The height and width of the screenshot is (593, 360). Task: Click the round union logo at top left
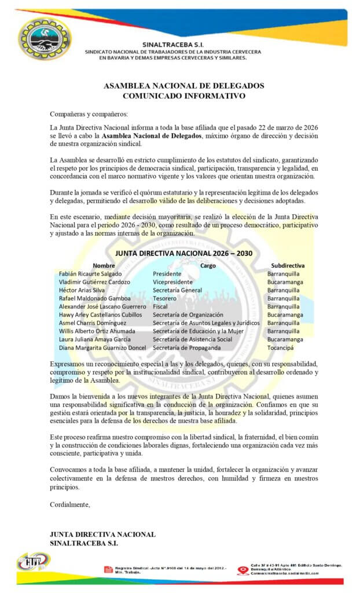[45, 39]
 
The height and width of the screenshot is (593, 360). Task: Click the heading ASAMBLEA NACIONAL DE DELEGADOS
[183, 86]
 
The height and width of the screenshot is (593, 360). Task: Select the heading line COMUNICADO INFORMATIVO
[183, 96]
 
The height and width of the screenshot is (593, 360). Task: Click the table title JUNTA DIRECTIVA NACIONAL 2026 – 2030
[183, 253]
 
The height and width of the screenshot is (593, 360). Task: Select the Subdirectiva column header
[287, 265]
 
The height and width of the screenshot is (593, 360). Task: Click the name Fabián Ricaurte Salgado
[90, 273]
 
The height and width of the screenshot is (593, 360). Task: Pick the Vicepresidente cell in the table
[172, 282]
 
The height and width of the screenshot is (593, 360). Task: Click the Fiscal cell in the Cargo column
[160, 306]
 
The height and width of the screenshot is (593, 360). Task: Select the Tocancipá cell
[281, 347]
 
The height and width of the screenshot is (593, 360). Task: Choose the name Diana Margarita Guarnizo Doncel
[102, 347]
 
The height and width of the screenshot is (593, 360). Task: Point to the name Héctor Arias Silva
[82, 290]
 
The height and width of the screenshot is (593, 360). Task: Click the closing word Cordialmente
[71, 504]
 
